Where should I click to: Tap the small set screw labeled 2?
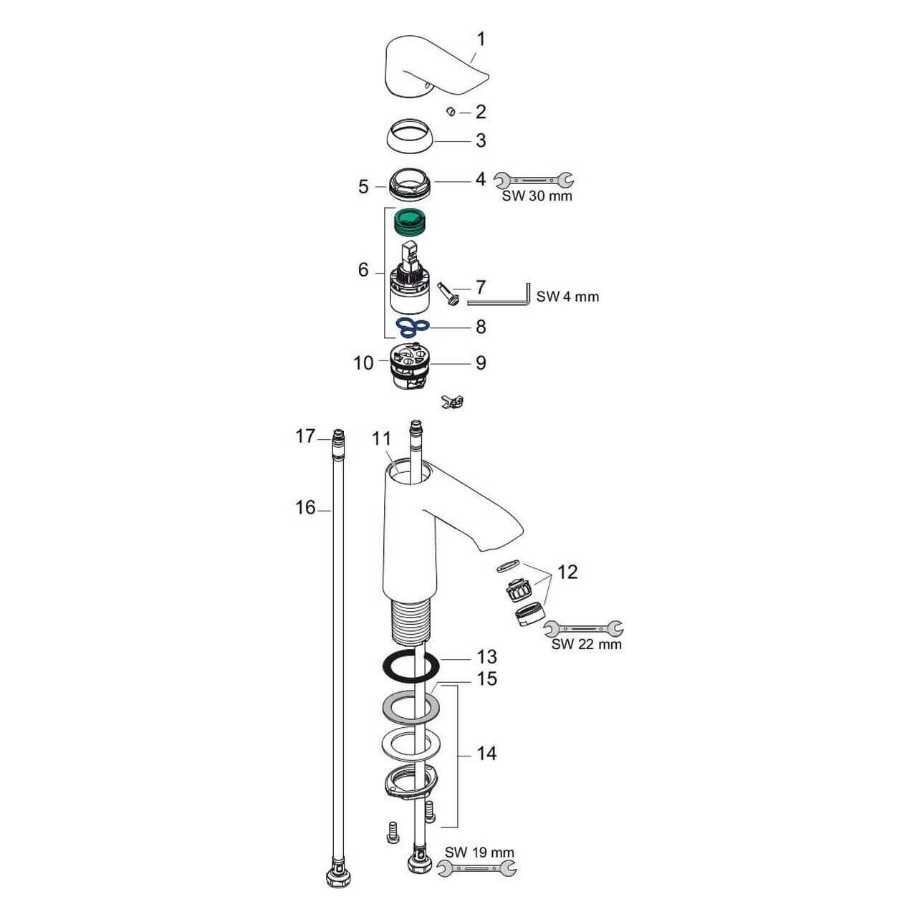click(451, 111)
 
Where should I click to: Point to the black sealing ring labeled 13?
click(411, 667)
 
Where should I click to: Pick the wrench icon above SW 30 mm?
click(534, 179)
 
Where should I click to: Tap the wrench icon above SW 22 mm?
click(583, 628)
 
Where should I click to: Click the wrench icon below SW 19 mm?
click(477, 868)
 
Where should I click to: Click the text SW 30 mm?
click(537, 196)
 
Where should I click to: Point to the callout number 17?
click(305, 436)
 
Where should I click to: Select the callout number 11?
click(381, 439)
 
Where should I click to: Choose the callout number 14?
click(486, 754)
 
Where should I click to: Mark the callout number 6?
click(363, 270)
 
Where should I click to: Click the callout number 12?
click(567, 572)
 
